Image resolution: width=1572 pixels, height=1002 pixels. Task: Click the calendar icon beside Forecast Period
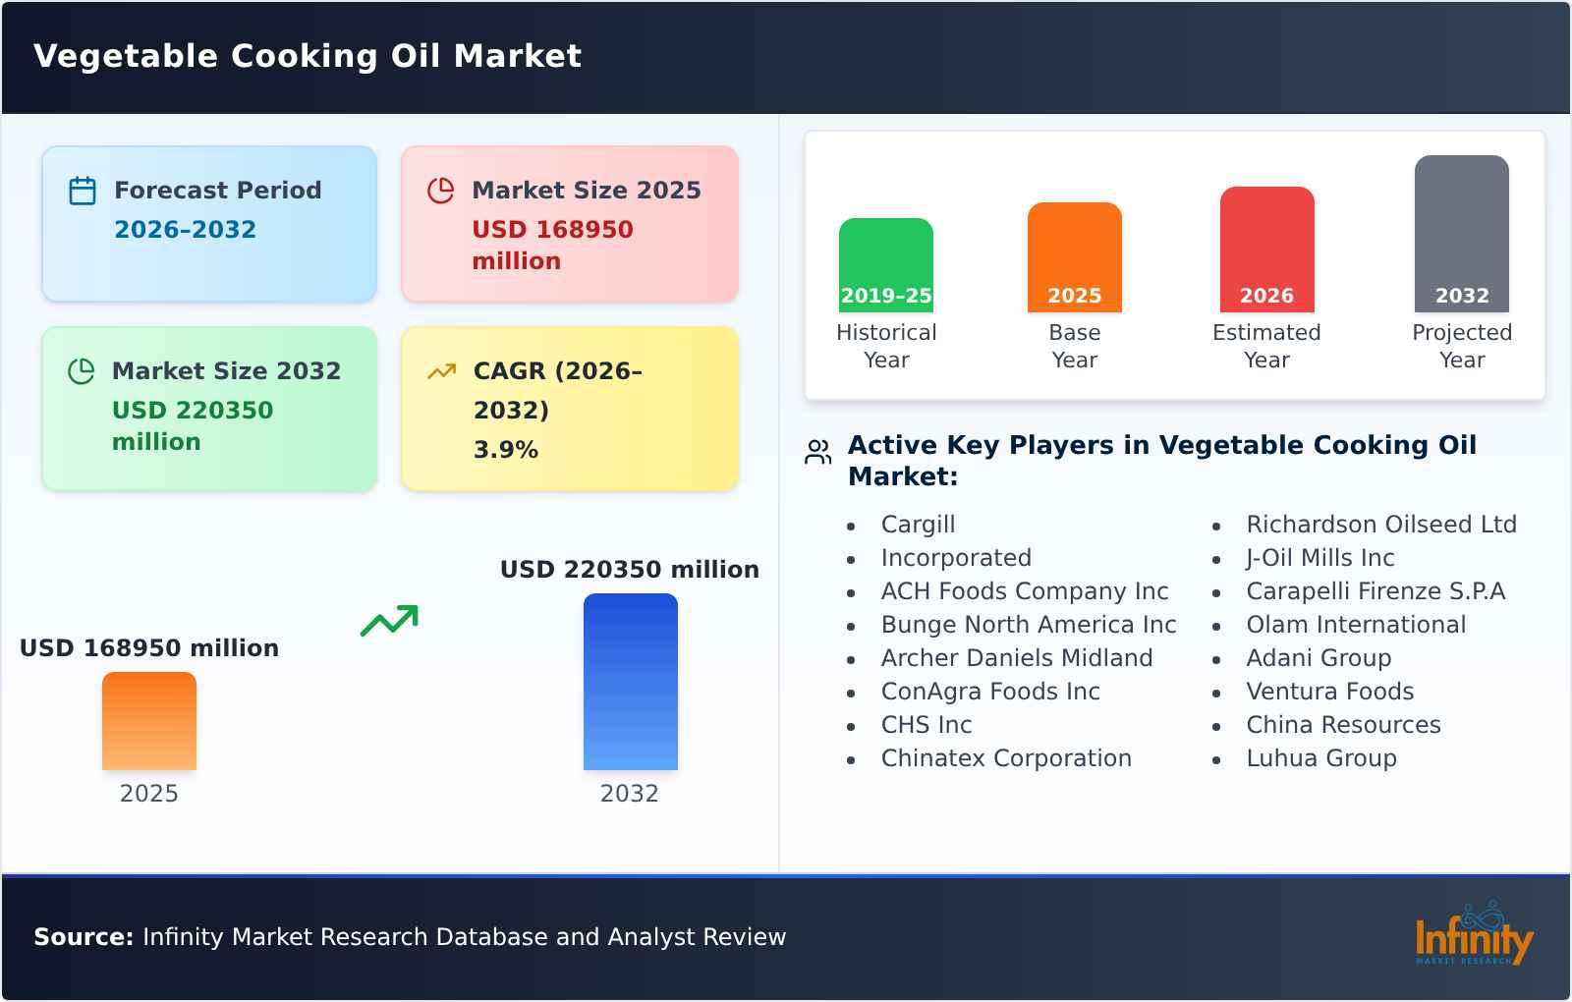pyautogui.click(x=83, y=191)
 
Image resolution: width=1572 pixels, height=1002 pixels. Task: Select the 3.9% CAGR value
pyautogui.click(x=505, y=450)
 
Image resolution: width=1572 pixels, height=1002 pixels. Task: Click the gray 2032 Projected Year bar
pyautogui.click(x=1461, y=233)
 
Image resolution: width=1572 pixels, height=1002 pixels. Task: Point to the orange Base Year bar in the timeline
pyautogui.click(x=1074, y=256)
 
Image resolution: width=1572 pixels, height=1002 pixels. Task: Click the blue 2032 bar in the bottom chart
pyautogui.click(x=630, y=682)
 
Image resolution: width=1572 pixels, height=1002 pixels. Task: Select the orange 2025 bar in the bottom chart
pyautogui.click(x=149, y=721)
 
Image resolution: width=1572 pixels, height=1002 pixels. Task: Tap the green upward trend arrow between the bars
pyautogui.click(x=389, y=621)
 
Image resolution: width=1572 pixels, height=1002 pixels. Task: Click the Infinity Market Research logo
pyautogui.click(x=1474, y=936)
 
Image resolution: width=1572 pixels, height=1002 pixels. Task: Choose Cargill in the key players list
pyautogui.click(x=918, y=525)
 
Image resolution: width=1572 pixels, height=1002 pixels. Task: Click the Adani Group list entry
pyautogui.click(x=1318, y=658)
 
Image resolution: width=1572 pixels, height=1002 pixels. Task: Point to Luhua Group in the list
pyautogui.click(x=1320, y=758)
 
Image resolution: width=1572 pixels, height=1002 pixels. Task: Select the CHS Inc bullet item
pyautogui.click(x=926, y=725)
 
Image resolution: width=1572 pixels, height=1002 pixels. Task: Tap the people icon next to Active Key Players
pyautogui.click(x=817, y=452)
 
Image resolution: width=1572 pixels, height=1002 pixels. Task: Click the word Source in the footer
pyautogui.click(x=83, y=937)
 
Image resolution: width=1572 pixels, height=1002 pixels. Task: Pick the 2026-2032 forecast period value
pyautogui.click(x=185, y=230)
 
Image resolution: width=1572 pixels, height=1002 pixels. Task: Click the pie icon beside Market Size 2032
pyautogui.click(x=81, y=371)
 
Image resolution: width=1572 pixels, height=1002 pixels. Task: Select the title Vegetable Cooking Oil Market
pyautogui.click(x=308, y=56)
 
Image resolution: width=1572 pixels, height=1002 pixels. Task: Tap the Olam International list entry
pyautogui.click(x=1355, y=625)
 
